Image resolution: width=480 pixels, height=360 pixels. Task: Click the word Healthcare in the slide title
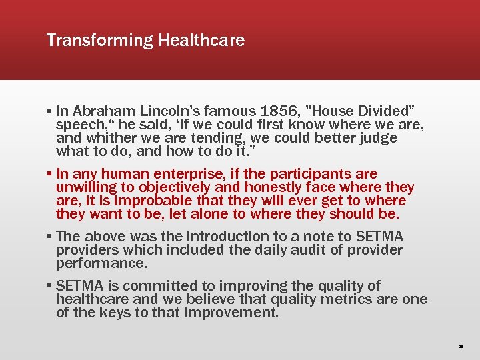point(201,41)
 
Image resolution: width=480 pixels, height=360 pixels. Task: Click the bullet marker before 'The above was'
point(50,237)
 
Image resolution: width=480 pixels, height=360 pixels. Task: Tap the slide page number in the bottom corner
point(460,347)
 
